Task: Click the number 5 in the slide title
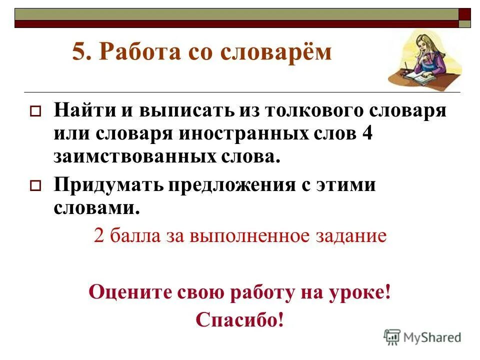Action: pyautogui.click(x=79, y=52)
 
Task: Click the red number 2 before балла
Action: pyautogui.click(x=98, y=235)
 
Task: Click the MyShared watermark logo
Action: pyautogui.click(x=423, y=337)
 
